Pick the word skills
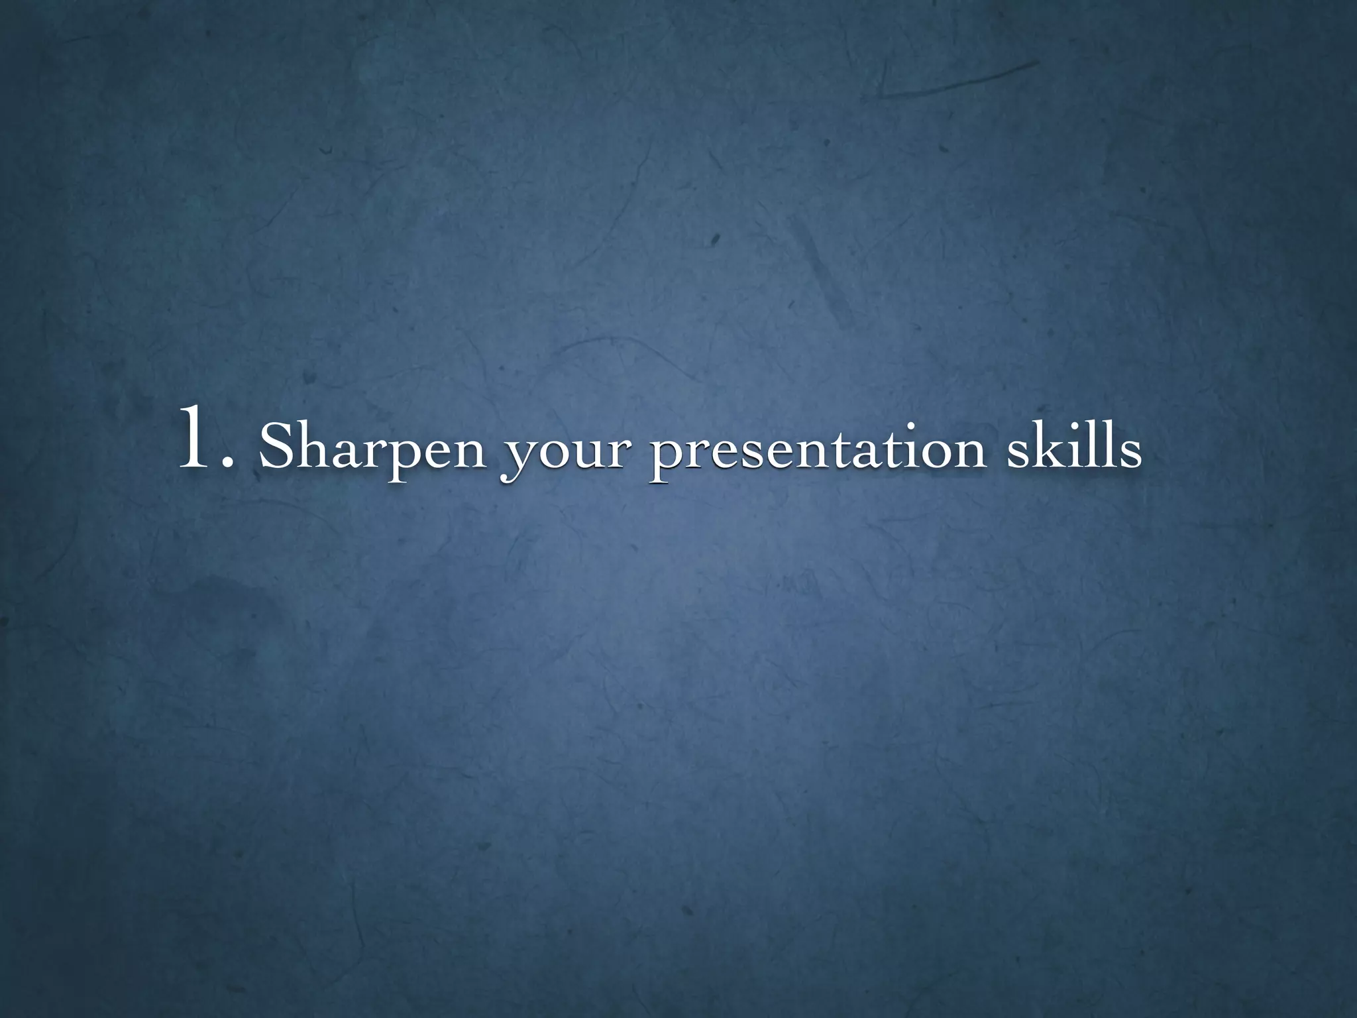click(1074, 445)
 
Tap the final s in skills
click(1129, 452)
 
